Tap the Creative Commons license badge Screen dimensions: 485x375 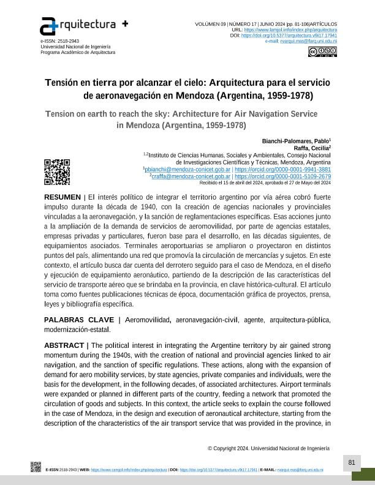click(322, 51)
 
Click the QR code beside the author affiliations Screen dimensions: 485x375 click(57, 171)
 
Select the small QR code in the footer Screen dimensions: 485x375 click(36, 468)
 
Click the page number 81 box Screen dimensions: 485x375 click(352, 462)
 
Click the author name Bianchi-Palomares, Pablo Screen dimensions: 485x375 click(296, 140)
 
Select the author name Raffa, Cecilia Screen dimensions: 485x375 click(312, 148)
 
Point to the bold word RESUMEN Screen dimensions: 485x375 click(62, 197)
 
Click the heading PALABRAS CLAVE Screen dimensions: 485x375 click(79, 320)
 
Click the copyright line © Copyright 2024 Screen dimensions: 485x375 click(268, 448)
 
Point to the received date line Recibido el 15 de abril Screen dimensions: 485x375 click(265, 182)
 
